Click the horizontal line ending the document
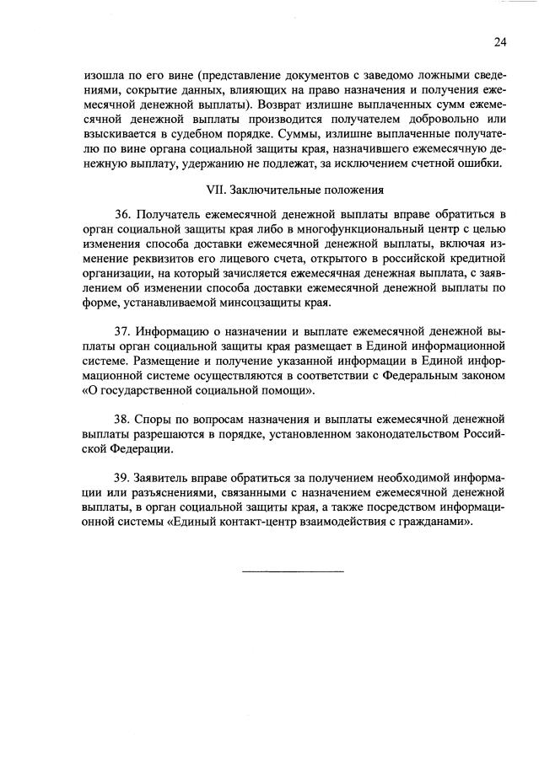click(293, 573)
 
